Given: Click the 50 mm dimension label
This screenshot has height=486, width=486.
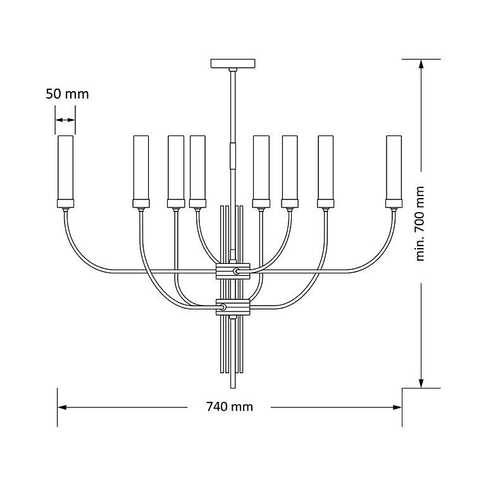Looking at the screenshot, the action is [x=67, y=94].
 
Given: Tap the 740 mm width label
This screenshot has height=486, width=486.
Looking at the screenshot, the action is [x=230, y=406].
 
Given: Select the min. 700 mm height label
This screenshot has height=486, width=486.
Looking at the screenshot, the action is [x=420, y=223].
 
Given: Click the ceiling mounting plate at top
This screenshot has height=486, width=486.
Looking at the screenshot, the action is [x=233, y=63].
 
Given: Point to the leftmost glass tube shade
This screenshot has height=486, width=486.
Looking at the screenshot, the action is [x=66, y=168].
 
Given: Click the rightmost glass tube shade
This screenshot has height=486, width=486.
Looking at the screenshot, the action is [x=394, y=168].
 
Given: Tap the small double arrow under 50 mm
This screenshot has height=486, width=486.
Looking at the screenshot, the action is [x=65, y=120].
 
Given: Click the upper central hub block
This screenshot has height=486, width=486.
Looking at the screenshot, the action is [x=233, y=271].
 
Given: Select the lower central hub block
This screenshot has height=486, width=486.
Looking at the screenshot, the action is [x=233, y=307].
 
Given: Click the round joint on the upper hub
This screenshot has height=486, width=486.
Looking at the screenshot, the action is [x=237, y=271].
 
